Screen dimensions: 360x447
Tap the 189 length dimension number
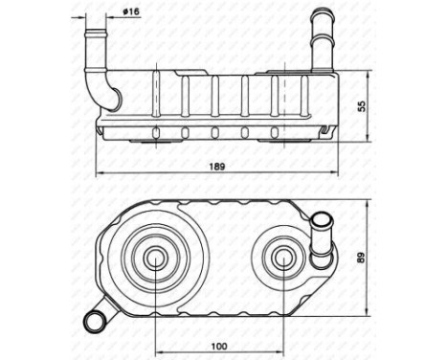click(x=219, y=166)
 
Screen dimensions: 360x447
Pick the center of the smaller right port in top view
click(x=282, y=256)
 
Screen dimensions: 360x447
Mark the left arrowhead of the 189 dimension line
click(x=100, y=174)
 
